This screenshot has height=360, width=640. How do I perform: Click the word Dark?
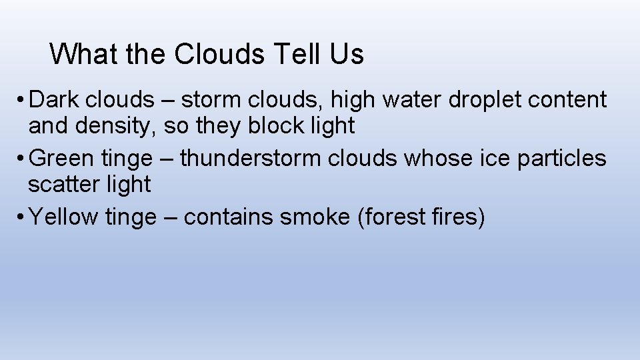tap(57, 100)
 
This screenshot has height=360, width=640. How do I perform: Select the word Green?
tap(63, 159)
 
